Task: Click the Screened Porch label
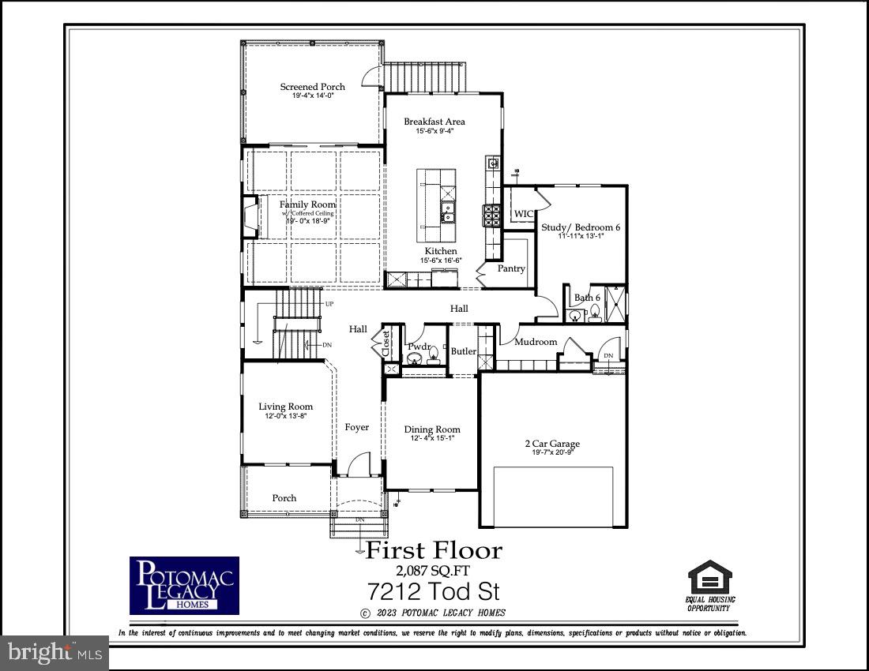311,87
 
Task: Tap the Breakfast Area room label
434,122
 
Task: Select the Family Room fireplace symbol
251,217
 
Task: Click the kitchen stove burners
492,213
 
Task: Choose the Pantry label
511,268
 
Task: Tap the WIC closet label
524,214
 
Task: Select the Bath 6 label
587,298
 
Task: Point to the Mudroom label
536,342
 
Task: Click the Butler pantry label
463,350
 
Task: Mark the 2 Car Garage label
552,444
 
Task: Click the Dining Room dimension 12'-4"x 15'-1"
431,438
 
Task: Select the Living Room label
285,407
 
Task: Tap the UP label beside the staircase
329,304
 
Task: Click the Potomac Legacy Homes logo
184,586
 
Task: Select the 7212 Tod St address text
434,591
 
